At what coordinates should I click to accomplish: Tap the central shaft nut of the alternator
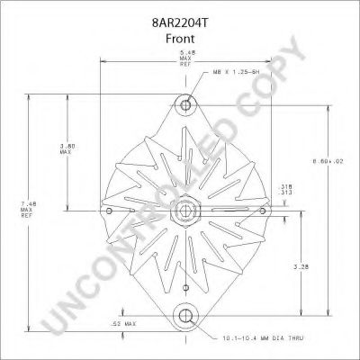coord(184,211)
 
